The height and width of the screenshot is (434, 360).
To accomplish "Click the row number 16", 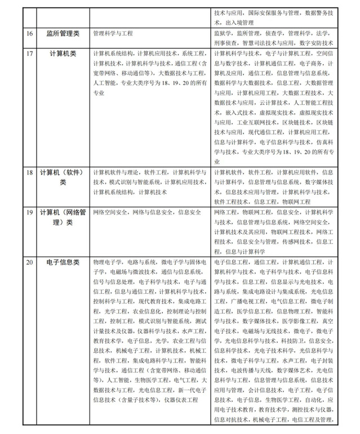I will point(29,33).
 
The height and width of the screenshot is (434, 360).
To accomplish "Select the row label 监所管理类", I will point(63,33).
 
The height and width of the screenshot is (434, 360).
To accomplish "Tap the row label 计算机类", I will point(63,53).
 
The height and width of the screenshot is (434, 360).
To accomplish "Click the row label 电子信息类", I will point(63,262).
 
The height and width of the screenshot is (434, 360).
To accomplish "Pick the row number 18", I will point(29,172).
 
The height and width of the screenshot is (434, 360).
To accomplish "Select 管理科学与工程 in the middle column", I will point(113,33).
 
